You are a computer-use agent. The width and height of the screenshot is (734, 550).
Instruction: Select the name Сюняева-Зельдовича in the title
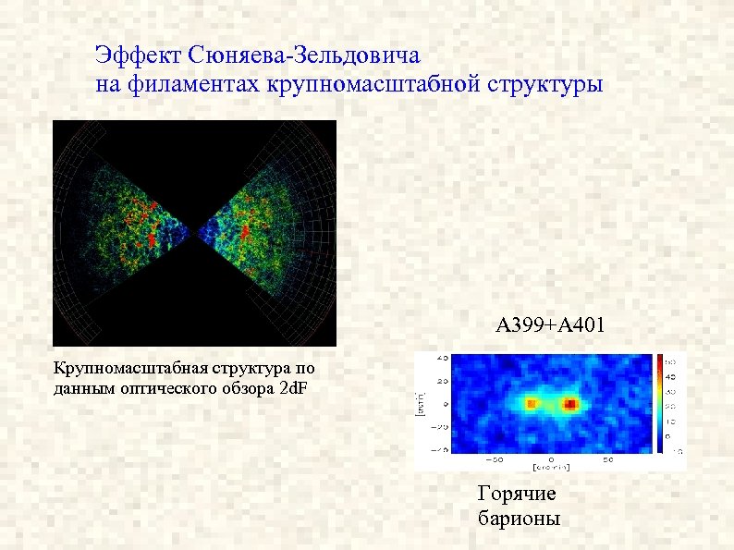coord(304,56)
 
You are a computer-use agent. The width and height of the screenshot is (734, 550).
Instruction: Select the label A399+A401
coord(550,325)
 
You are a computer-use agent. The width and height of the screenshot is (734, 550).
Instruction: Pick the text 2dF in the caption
coord(296,387)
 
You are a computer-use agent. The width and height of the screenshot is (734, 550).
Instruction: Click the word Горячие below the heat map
coord(516,494)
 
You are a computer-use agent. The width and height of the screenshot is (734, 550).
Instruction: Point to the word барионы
coord(519,518)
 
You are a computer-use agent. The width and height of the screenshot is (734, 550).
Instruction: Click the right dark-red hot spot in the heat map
coord(571,404)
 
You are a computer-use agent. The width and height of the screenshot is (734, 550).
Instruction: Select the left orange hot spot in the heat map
coord(531,404)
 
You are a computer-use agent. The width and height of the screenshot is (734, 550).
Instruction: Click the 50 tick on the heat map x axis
coord(607,458)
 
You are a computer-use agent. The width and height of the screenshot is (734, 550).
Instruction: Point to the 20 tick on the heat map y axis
coord(443,380)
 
